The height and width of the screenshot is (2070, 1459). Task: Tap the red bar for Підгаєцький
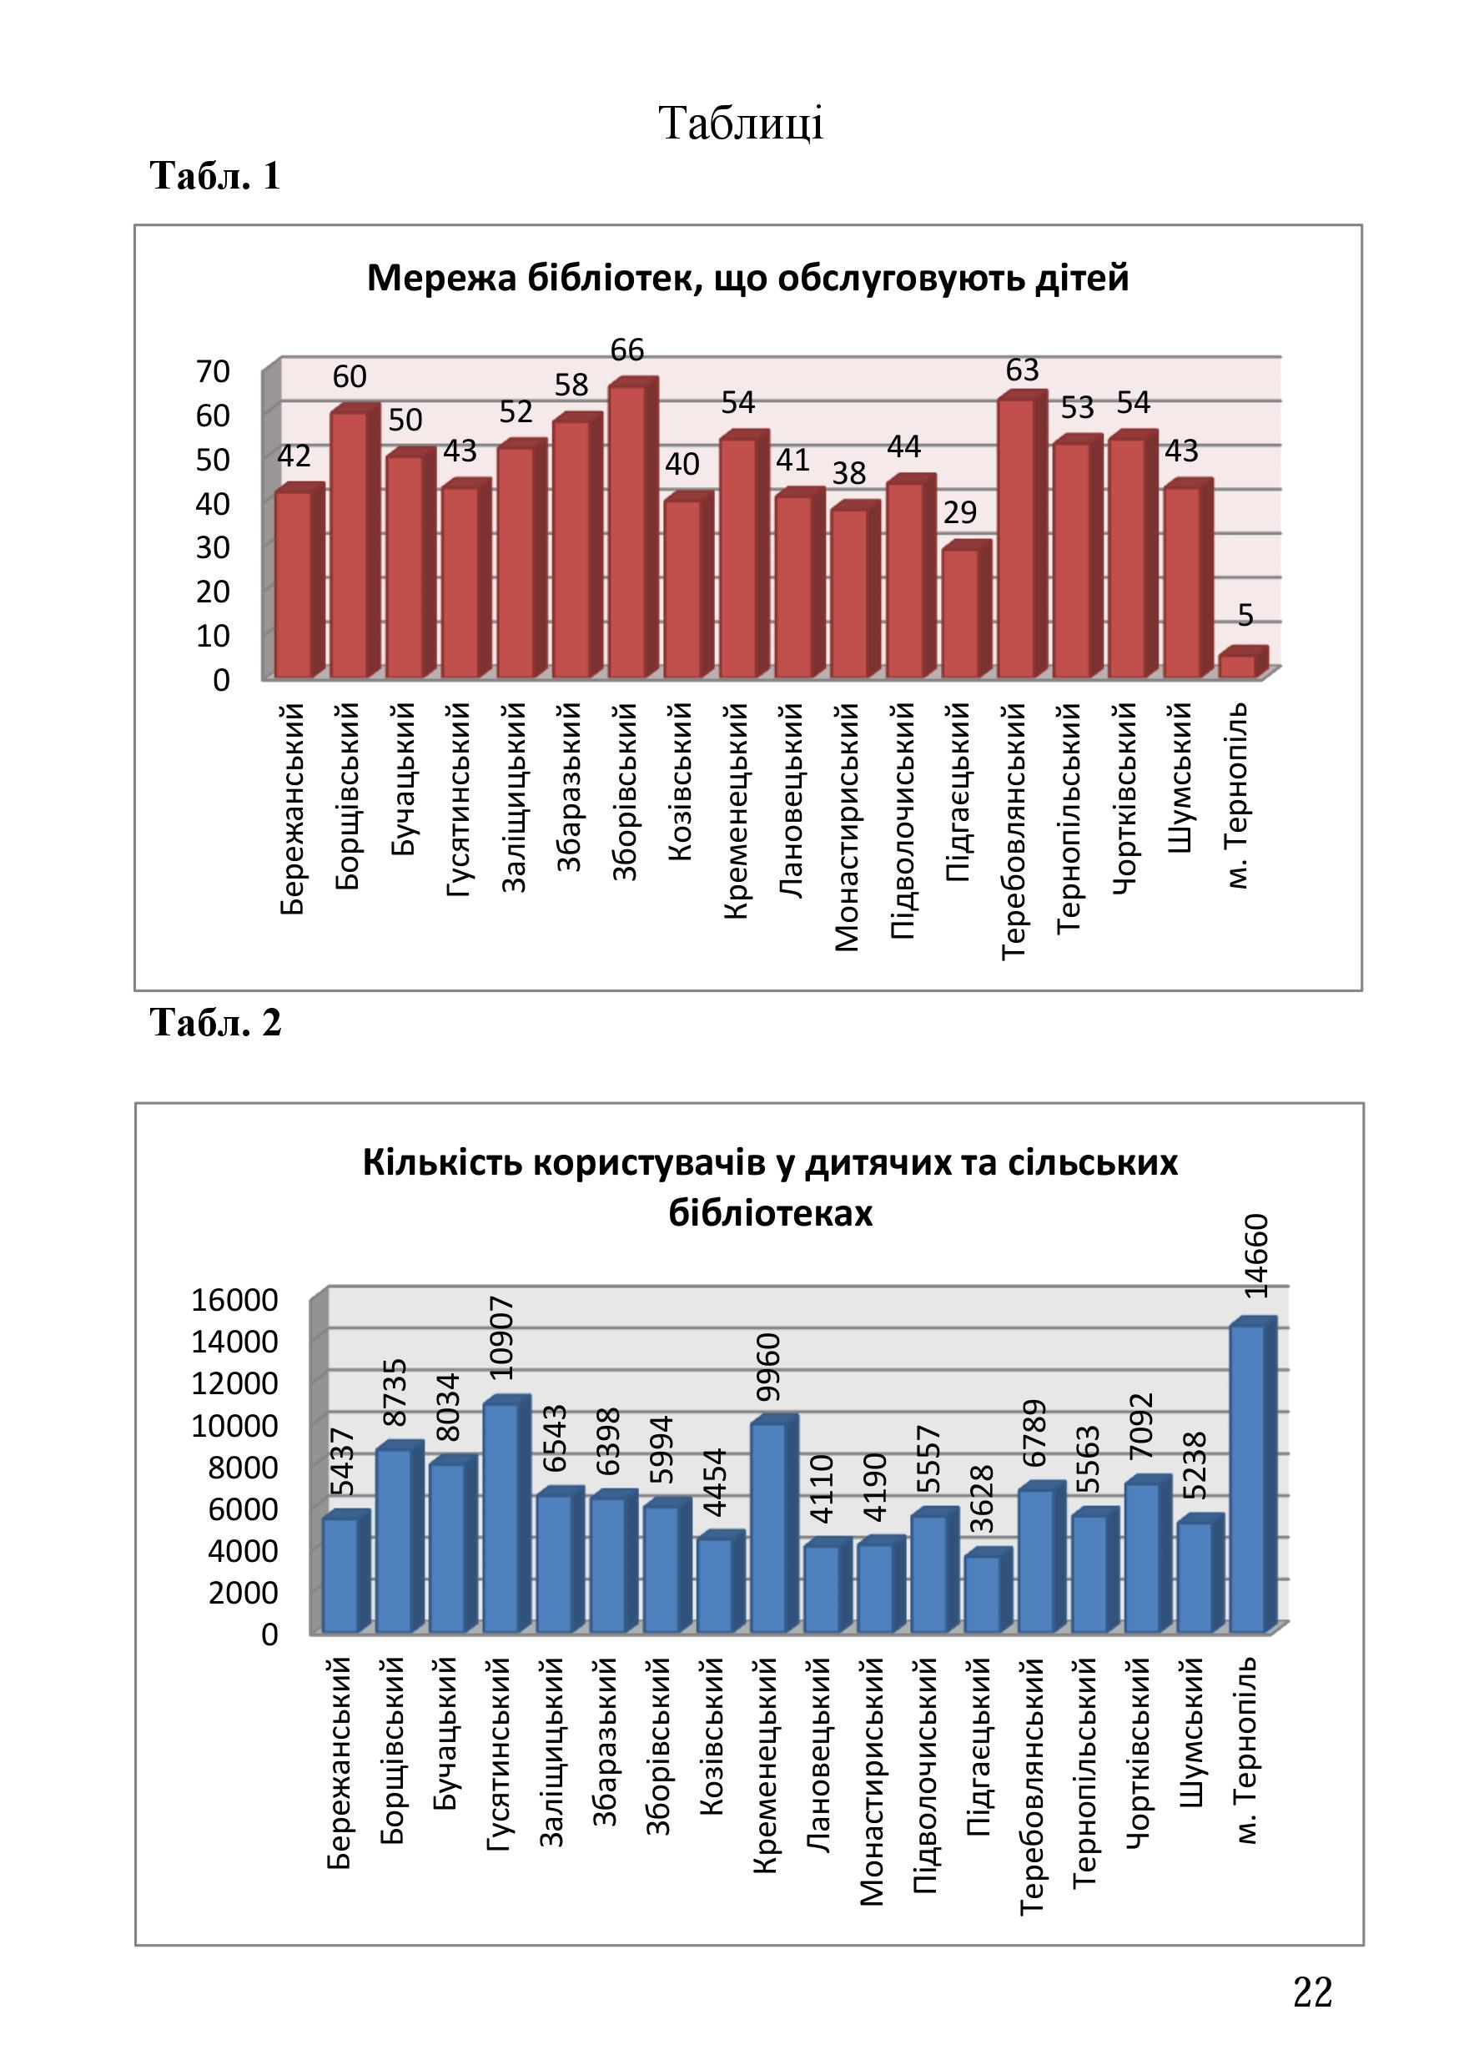point(966,609)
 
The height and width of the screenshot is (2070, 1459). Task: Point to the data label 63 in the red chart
point(1023,370)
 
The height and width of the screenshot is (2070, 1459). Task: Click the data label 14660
point(1256,1256)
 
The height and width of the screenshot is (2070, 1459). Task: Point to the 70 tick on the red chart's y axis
point(213,370)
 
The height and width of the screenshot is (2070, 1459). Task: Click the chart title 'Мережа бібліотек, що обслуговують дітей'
point(748,278)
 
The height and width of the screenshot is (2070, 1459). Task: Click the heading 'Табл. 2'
point(216,1022)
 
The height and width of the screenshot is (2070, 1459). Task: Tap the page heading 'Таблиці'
point(742,123)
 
